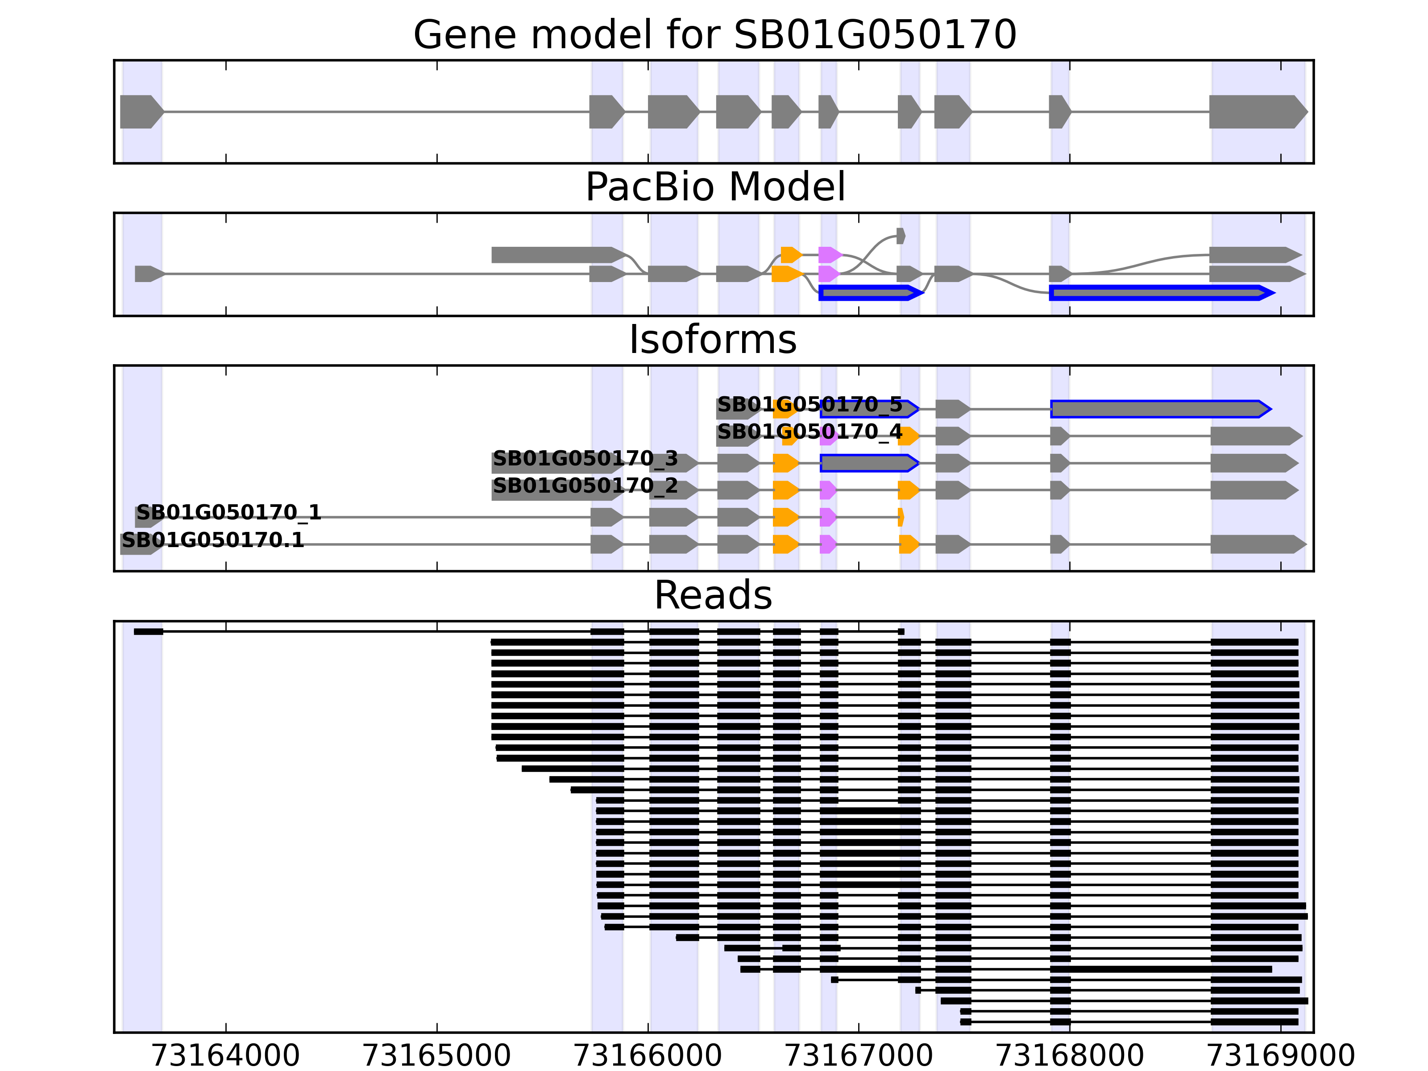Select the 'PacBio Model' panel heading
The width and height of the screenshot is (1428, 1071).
point(714,187)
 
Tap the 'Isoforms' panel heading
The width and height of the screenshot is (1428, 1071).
point(713,340)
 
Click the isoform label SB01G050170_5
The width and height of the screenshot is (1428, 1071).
point(809,405)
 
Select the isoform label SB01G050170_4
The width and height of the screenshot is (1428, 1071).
point(809,432)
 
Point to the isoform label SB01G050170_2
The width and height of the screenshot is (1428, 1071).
point(585,486)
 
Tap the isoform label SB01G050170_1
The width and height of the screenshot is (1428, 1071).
point(228,513)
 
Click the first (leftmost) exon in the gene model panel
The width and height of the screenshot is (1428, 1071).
point(141,112)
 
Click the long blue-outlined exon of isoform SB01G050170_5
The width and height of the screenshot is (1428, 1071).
point(1159,409)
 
